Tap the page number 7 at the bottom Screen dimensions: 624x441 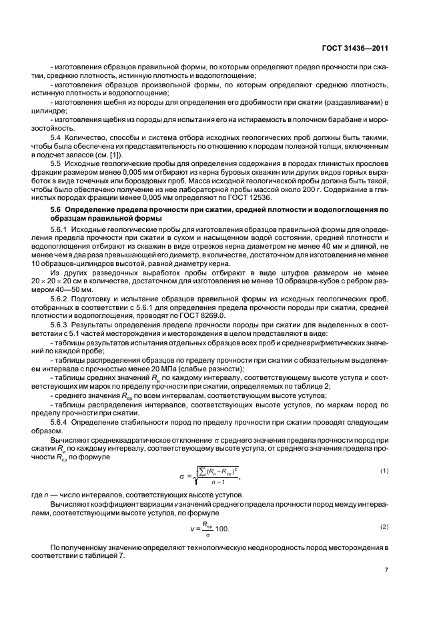[x=386, y=571]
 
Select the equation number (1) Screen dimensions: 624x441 [x=384, y=471]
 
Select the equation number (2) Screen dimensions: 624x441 [x=384, y=527]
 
